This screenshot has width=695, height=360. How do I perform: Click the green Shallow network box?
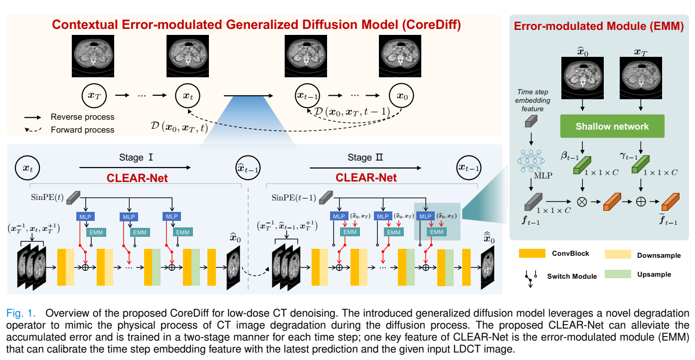[x=612, y=126]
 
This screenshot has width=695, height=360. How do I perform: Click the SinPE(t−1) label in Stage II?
[x=293, y=197]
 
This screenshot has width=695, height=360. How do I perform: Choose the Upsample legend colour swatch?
[x=617, y=274]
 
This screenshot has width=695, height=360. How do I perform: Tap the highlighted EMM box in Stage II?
[x=437, y=232]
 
